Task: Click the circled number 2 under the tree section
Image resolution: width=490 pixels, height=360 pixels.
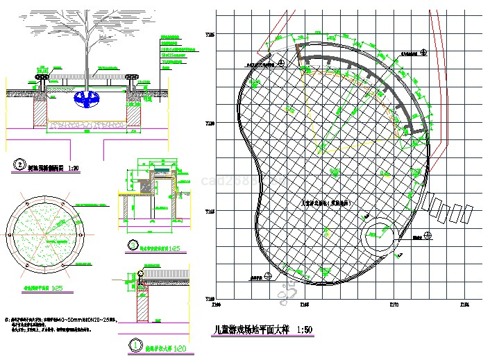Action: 19,166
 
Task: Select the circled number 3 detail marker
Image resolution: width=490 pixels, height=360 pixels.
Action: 133,244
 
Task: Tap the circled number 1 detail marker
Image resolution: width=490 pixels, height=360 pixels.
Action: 133,344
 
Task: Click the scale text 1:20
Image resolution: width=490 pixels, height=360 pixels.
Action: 180,348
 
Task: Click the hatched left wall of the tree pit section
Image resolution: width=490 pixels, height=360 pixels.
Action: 40,111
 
